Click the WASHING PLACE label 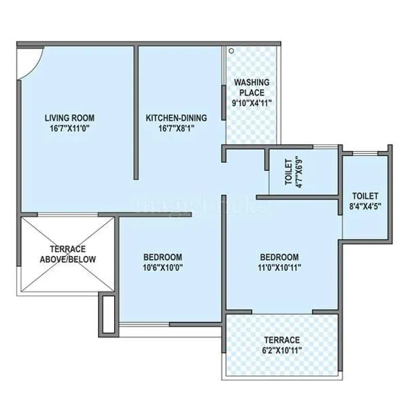252,88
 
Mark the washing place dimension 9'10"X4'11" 252,103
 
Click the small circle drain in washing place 231,50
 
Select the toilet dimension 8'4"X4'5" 367,206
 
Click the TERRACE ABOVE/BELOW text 67,254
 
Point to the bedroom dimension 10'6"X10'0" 163,268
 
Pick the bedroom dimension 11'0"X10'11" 279,268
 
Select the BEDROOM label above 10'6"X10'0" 163,257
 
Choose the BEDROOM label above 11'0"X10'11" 279,257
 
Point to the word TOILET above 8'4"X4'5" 367,195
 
